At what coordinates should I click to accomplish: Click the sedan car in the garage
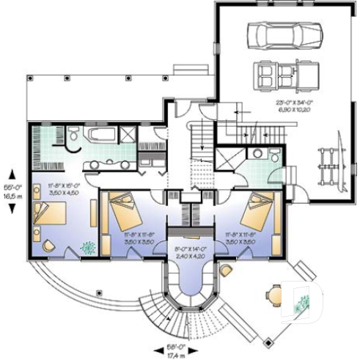pos(284,34)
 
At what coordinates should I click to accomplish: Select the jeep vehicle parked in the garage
pos(285,74)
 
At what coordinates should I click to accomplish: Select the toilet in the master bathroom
pos(74,136)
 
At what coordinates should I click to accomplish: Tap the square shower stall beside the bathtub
pos(127,135)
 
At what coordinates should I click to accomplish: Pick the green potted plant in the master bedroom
pos(89,248)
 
